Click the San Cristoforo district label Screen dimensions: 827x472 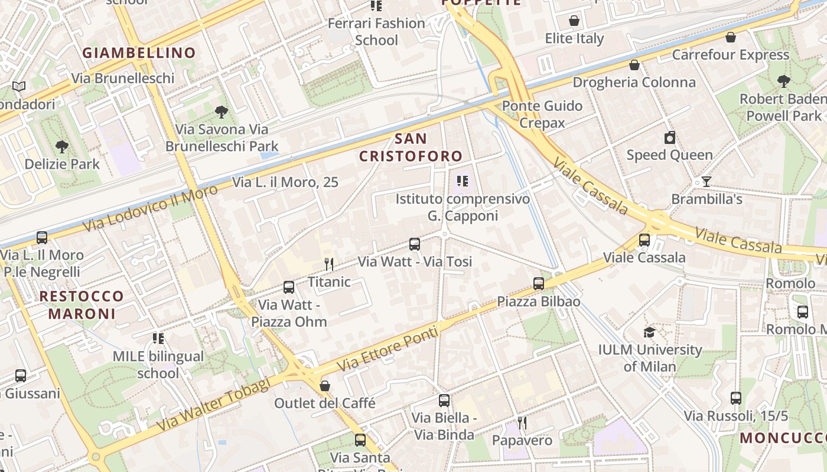(x=411, y=147)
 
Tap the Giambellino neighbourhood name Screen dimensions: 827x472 (x=139, y=53)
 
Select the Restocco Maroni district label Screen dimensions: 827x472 (x=82, y=304)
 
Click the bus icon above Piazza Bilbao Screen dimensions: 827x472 (x=539, y=284)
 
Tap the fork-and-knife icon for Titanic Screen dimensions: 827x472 (x=330, y=264)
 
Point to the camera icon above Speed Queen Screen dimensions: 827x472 (x=669, y=138)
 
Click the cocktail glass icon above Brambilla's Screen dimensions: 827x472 (x=706, y=181)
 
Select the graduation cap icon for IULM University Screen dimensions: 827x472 (x=649, y=332)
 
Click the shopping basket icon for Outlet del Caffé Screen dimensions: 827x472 (x=324, y=386)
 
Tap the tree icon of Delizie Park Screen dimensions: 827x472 (x=62, y=146)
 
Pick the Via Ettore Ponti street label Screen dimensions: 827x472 (x=388, y=349)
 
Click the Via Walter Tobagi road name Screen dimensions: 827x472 (x=213, y=404)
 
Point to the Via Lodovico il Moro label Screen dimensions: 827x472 (x=150, y=207)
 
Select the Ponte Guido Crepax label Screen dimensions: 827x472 (x=542, y=114)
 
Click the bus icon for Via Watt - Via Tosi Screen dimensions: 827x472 (x=415, y=244)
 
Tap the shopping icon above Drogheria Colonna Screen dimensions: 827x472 (x=634, y=65)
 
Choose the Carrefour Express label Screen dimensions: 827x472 (x=731, y=55)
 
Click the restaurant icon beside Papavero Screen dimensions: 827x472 (x=522, y=422)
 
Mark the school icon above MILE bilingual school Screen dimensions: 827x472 (x=158, y=339)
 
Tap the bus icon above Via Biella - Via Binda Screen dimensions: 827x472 (x=444, y=401)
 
